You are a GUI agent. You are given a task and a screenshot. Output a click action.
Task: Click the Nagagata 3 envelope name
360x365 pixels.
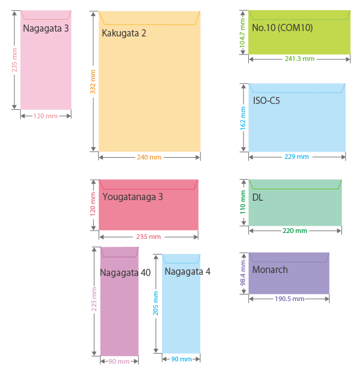(x=45, y=28)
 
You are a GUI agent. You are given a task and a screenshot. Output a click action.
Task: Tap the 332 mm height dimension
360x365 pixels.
(x=93, y=81)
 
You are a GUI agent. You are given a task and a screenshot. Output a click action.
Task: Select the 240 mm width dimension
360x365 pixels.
(x=149, y=157)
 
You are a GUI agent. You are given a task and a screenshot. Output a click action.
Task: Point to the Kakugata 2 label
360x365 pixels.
(x=124, y=33)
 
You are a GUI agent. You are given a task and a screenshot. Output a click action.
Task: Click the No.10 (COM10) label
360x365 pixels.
(x=282, y=27)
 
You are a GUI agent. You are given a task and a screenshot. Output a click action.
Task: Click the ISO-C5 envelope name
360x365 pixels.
(x=266, y=100)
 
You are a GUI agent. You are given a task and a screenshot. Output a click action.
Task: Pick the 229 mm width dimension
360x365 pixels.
(x=297, y=157)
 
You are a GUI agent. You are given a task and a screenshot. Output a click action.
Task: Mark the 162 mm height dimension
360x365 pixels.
(x=243, y=118)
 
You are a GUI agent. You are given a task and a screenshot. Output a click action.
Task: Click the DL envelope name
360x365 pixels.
(x=258, y=197)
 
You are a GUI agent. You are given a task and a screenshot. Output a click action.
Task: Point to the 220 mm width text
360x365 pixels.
(x=295, y=231)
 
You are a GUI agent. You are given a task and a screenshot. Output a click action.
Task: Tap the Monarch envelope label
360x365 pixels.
(x=270, y=269)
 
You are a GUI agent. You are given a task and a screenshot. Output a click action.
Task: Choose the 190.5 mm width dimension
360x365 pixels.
(x=289, y=299)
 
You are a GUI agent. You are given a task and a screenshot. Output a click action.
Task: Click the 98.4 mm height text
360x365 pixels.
(x=243, y=272)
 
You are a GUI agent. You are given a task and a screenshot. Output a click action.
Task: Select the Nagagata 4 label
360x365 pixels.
(x=187, y=271)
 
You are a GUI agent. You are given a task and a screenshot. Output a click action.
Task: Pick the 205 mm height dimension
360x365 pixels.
(x=156, y=303)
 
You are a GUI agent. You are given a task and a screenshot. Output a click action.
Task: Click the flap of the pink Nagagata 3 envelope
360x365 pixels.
(x=45, y=15)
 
